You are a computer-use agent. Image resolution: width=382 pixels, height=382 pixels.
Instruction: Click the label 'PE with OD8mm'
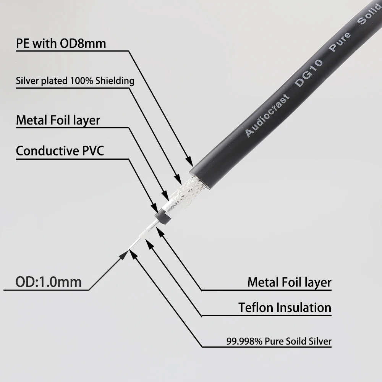click(x=61, y=43)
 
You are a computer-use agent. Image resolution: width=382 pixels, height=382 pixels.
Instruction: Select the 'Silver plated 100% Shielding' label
click(x=75, y=81)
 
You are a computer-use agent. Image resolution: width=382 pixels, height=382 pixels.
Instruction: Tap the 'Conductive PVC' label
click(x=60, y=151)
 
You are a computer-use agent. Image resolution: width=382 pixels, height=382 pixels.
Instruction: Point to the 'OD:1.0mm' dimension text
click(x=49, y=282)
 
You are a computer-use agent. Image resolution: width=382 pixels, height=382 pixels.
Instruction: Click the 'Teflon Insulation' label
click(x=285, y=307)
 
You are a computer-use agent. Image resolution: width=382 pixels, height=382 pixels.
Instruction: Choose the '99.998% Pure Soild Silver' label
click(x=279, y=341)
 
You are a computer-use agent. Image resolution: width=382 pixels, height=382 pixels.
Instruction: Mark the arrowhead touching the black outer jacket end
click(x=189, y=162)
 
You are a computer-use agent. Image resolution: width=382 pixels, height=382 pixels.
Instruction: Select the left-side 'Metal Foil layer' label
click(x=58, y=120)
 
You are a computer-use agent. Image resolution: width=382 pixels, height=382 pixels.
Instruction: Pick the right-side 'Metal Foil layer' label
click(x=289, y=282)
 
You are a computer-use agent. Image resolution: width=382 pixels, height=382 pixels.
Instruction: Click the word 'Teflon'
click(x=256, y=307)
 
